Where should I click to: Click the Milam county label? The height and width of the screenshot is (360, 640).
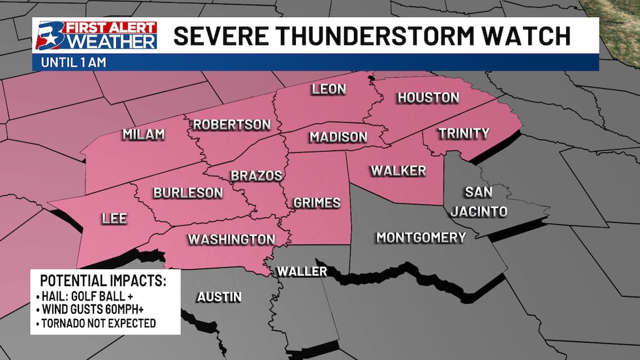tap(144, 135)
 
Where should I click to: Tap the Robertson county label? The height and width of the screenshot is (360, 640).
tap(231, 124)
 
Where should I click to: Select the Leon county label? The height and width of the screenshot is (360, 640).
tap(328, 89)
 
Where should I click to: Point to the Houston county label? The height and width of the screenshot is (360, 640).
tap(428, 97)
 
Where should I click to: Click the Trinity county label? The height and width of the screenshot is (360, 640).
tap(464, 133)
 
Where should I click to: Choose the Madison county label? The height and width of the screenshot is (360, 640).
tap(338, 137)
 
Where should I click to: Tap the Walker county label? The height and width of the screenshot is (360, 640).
tap(398, 171)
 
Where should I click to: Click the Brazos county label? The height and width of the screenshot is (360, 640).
tap(256, 176)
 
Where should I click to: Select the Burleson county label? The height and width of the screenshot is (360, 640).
tap(188, 193)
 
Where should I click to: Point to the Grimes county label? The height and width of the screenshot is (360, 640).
tap(317, 203)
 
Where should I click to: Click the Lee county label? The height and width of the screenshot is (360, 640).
tap(114, 219)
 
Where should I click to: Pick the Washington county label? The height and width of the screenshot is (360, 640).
tap(231, 239)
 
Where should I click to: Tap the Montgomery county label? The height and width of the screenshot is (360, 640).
tap(421, 237)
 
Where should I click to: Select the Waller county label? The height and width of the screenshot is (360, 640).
tap(301, 271)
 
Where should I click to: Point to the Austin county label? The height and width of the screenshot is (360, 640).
tap(219, 297)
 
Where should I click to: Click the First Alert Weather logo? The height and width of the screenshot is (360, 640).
tap(96, 35)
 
